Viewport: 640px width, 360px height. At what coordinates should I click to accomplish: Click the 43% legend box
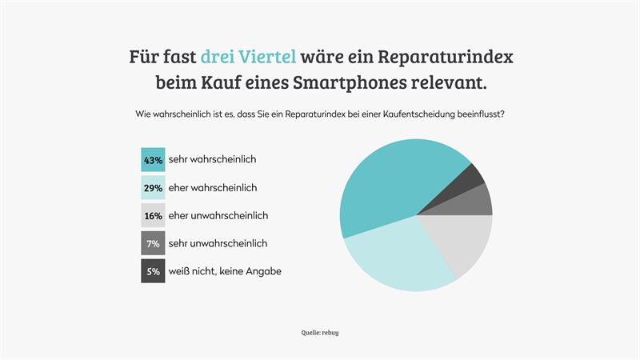[153, 160]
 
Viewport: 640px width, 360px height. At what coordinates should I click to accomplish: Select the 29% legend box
[153, 188]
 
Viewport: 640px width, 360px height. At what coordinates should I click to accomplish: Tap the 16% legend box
[153, 216]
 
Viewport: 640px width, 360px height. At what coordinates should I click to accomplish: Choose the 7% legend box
[153, 243]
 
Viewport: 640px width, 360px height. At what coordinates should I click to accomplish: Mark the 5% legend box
[153, 271]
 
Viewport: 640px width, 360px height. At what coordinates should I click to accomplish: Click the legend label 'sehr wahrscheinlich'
[212, 160]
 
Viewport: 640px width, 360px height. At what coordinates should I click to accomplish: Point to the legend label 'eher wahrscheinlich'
[213, 188]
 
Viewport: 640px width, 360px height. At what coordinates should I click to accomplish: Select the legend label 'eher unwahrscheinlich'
[218, 216]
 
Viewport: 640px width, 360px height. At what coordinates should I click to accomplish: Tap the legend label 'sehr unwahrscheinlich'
[218, 243]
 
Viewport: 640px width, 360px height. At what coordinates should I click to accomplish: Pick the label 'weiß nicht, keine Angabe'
[225, 271]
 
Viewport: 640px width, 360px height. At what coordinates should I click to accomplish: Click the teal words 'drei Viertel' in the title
[249, 57]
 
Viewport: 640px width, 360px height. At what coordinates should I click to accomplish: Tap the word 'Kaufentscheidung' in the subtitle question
[408, 114]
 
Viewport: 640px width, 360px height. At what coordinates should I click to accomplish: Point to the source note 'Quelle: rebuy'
[320, 331]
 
